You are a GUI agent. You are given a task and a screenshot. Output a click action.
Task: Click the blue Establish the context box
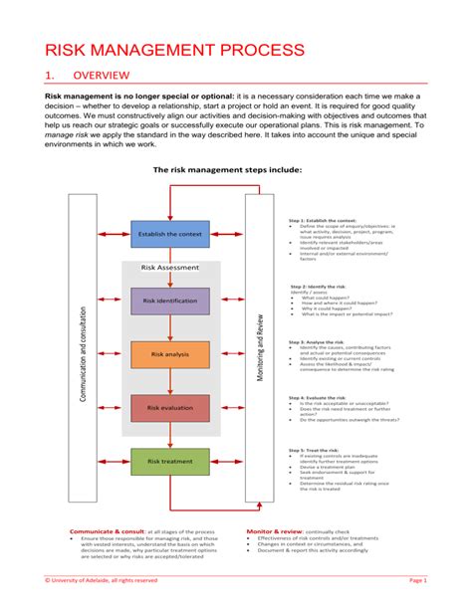tap(170, 235)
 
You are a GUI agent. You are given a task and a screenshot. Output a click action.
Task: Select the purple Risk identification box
tap(170, 301)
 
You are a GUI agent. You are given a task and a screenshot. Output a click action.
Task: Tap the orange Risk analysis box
tap(170, 354)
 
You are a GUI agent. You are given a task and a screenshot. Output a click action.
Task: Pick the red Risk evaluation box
tap(170, 408)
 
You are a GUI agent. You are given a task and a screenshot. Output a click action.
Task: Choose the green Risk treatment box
tap(170, 462)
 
